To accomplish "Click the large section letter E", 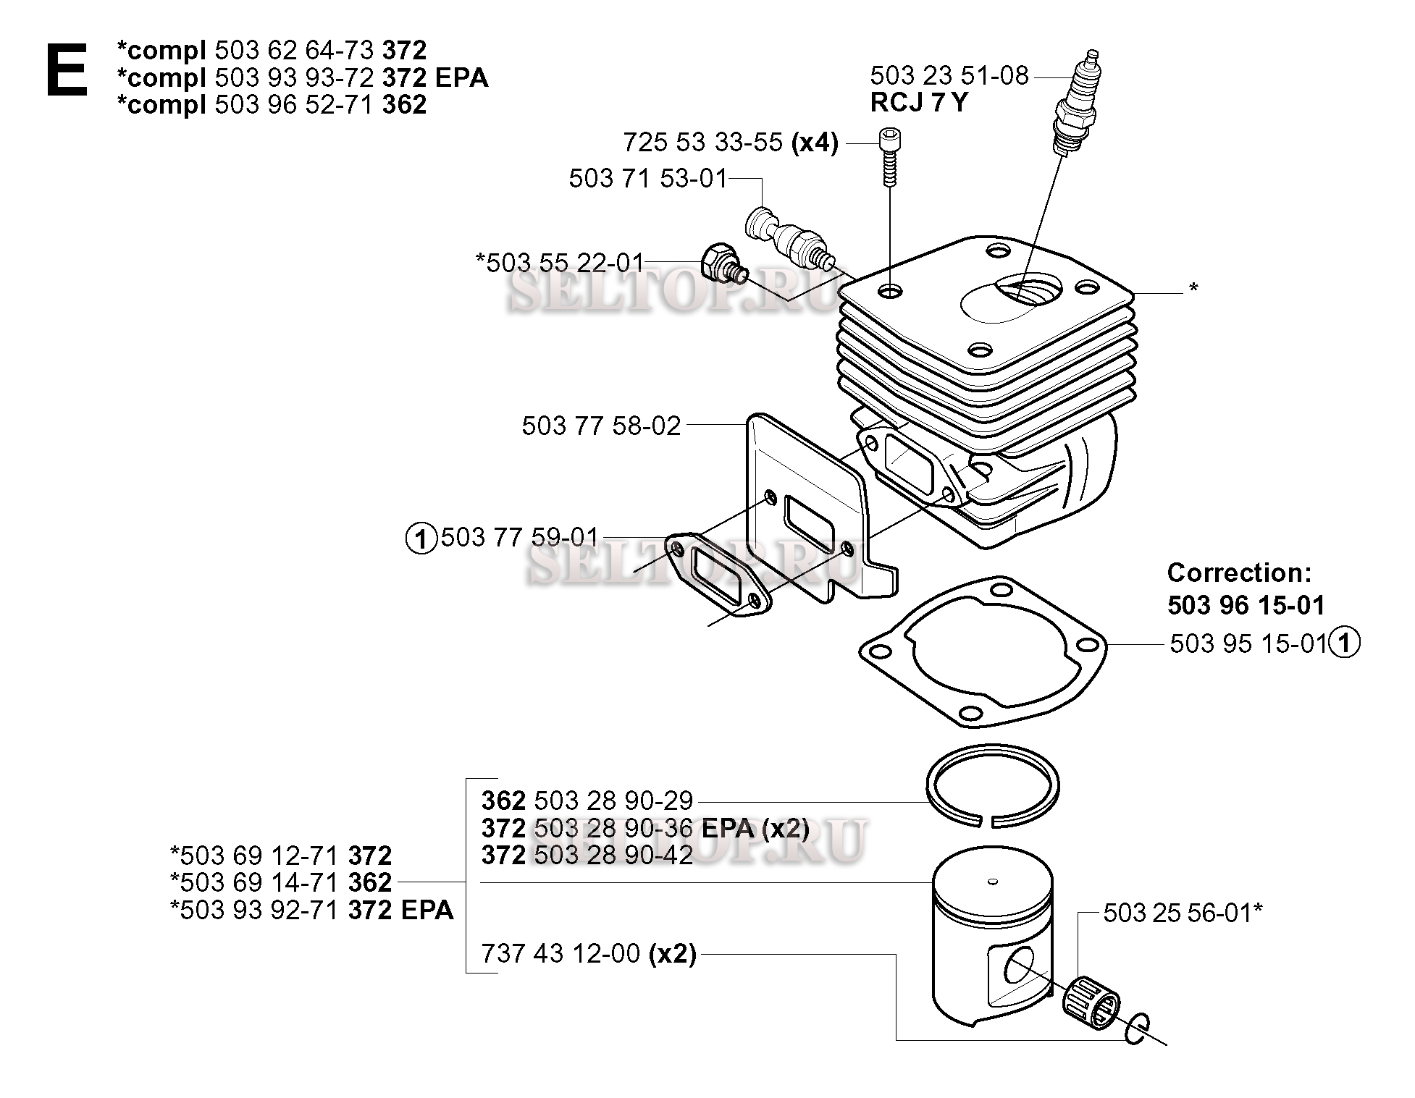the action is pyautogui.click(x=67, y=69).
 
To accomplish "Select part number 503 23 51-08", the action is pyautogui.click(x=949, y=75).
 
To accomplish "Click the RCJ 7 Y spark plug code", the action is pyautogui.click(x=918, y=103).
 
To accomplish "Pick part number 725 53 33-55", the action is pyautogui.click(x=702, y=143).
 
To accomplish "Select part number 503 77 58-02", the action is pyautogui.click(x=601, y=426).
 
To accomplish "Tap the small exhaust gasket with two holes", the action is pyautogui.click(x=716, y=575).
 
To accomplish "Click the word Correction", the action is pyautogui.click(x=1239, y=573).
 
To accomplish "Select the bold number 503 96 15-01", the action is pyautogui.click(x=1246, y=605).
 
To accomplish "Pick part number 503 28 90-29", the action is pyautogui.click(x=613, y=801).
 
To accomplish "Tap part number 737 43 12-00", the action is pyautogui.click(x=561, y=954).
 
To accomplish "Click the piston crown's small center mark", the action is pyautogui.click(x=993, y=881).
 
